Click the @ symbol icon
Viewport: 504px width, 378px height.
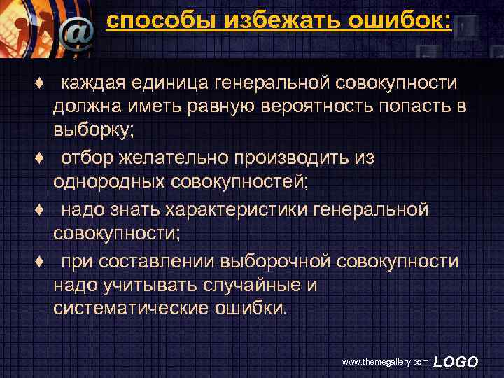76,31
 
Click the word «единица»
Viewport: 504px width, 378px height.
175,84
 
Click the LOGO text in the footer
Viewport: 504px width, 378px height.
456,362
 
